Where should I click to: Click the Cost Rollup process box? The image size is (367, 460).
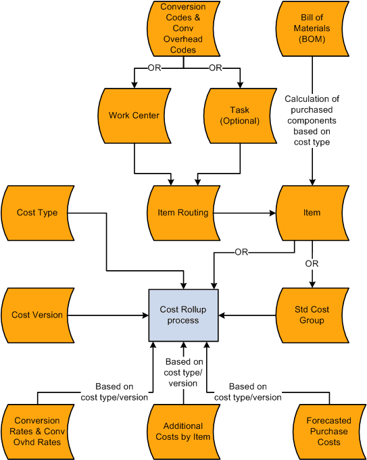(x=183, y=315)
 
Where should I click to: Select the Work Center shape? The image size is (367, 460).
(x=134, y=116)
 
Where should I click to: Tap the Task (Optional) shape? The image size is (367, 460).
(x=240, y=116)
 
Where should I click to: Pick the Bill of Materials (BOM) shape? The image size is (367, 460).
(x=312, y=28)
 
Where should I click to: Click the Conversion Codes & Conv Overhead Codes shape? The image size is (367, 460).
(x=182, y=28)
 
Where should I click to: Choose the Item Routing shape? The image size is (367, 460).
(x=182, y=213)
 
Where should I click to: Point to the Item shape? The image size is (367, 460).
(x=312, y=213)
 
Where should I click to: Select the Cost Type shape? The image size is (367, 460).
(x=37, y=213)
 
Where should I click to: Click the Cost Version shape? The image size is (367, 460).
(x=37, y=315)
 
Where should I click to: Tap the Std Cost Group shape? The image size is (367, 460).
(x=312, y=315)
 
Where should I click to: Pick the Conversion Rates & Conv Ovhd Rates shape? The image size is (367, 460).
(x=37, y=431)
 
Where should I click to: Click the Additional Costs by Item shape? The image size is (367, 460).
(x=182, y=431)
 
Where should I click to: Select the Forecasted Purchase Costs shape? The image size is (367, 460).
(x=330, y=431)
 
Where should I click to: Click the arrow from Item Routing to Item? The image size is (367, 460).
(x=247, y=213)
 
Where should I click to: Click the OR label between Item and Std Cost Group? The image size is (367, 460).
(x=312, y=263)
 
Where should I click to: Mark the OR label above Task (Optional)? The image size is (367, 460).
(x=216, y=68)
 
